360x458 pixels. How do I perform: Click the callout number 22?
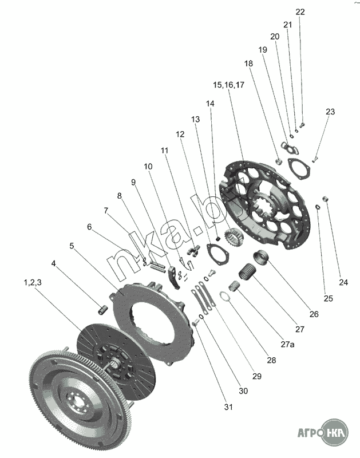coord(300,12)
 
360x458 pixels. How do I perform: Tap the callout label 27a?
coord(287,345)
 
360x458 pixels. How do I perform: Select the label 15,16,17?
coord(228,85)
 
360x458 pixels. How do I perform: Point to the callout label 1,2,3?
coord(33,282)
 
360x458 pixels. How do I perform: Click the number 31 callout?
coord(228,407)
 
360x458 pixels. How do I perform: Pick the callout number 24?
coord(343,282)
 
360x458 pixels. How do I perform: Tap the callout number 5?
coord(72,246)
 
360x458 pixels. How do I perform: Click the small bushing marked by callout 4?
coord(102,310)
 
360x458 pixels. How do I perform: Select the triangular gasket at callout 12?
coord(217,255)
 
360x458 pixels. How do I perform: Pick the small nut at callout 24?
coord(325,199)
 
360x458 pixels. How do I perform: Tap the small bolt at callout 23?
coord(314,160)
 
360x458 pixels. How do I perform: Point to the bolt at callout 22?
coord(302,125)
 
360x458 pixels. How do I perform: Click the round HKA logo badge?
coord(336,432)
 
